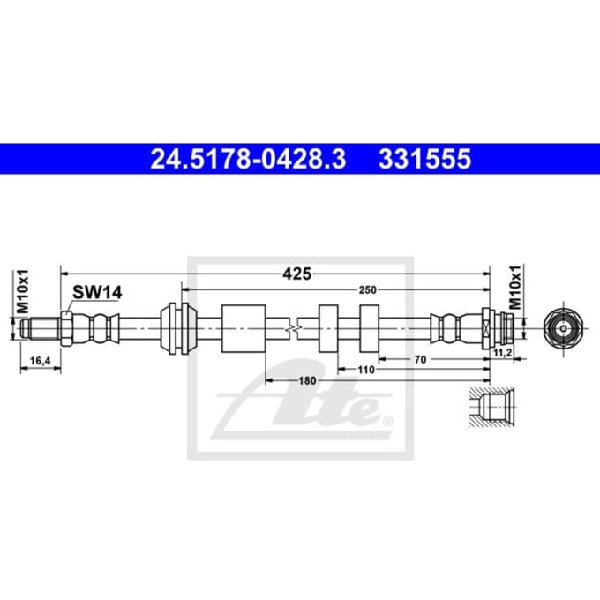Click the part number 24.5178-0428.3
click(x=248, y=159)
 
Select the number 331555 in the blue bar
click(x=424, y=159)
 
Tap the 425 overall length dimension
click(x=296, y=274)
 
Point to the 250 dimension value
click(x=367, y=290)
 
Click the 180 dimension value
click(x=307, y=380)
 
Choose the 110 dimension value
click(x=366, y=370)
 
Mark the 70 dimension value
click(x=420, y=359)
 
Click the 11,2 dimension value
click(x=502, y=352)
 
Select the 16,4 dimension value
click(x=41, y=361)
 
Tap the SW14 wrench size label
click(x=97, y=293)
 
